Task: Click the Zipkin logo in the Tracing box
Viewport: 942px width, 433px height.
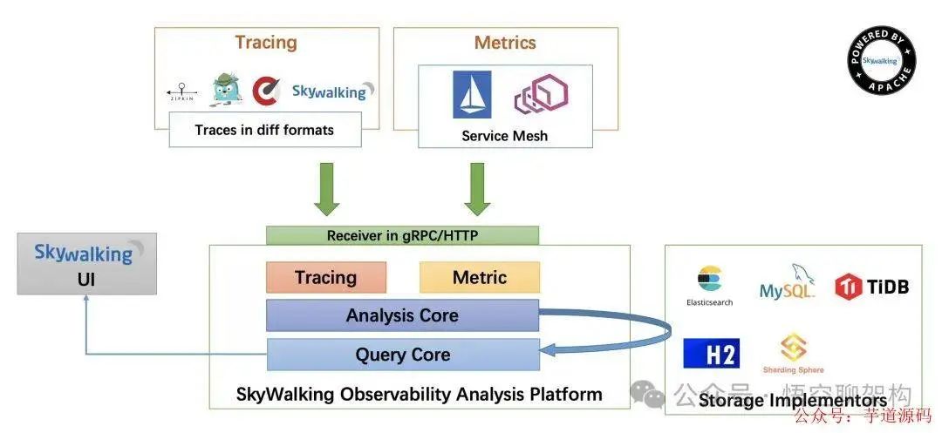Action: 181,91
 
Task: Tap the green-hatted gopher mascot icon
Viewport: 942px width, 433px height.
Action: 229,89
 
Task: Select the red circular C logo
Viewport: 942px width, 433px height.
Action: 265,90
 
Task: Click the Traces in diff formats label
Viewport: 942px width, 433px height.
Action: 264,131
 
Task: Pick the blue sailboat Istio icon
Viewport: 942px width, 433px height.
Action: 472,94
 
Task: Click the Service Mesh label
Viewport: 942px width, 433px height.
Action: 505,136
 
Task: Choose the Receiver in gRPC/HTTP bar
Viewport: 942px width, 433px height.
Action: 402,235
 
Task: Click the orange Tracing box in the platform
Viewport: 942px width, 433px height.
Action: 325,277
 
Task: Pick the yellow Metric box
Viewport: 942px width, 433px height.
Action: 479,277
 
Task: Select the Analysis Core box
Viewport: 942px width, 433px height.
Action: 402,315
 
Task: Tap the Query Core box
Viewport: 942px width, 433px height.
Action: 402,355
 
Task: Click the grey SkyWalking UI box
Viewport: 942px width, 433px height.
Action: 87,263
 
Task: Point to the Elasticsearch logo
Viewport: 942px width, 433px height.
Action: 709,286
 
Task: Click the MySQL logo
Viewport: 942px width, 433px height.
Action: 787,283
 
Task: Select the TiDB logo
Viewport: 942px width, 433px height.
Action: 871,286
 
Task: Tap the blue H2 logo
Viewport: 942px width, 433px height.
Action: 712,353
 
